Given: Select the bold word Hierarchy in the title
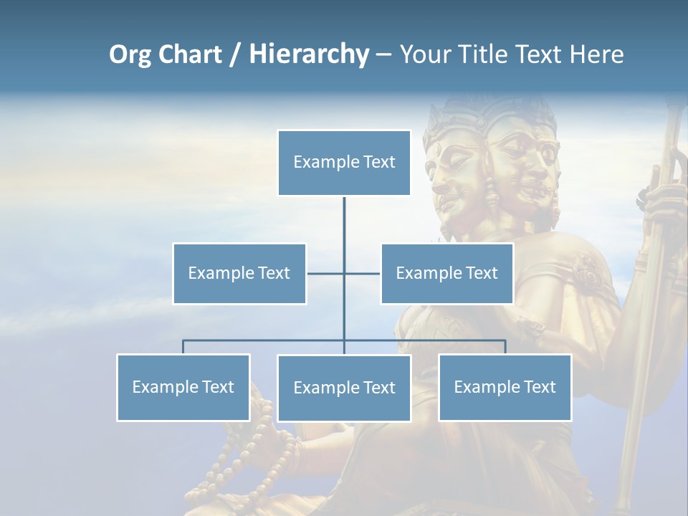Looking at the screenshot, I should pos(308,54).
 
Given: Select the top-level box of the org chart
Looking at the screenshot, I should pos(344,163).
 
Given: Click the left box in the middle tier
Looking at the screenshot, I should pos(239,273).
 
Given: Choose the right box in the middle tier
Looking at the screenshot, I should pos(446,273).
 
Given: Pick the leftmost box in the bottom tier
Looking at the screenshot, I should pos(183,387).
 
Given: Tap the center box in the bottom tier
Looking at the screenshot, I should pos(344,388).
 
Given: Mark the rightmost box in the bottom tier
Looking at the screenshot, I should pos(505,387).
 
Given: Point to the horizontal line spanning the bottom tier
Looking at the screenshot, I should pos(265,340).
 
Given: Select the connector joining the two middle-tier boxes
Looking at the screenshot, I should pos(326,273).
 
